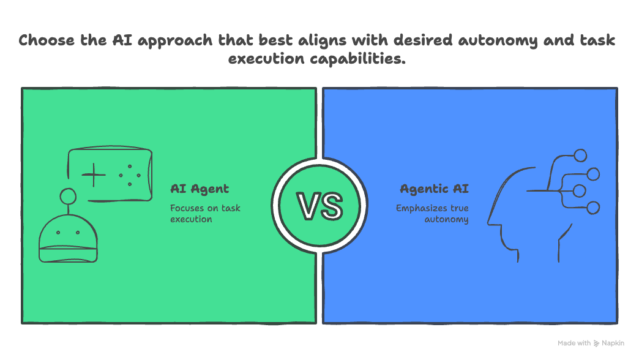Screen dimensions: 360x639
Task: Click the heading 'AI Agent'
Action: click(x=200, y=189)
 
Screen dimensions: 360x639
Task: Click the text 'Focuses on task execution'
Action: click(x=205, y=214)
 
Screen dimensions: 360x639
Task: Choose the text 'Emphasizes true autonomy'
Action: click(x=432, y=214)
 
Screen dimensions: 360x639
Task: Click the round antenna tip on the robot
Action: click(x=67, y=197)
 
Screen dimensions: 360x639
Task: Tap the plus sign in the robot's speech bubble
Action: click(x=94, y=175)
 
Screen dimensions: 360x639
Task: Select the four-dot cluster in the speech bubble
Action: click(x=129, y=175)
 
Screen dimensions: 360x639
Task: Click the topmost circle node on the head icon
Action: click(x=580, y=156)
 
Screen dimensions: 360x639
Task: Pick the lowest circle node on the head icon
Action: click(x=592, y=208)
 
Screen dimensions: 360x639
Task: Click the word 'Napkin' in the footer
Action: click(x=614, y=343)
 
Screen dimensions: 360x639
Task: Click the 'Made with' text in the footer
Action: click(x=574, y=343)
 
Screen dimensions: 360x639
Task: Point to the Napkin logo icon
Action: click(x=597, y=343)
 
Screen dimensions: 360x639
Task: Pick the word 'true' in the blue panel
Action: click(x=458, y=208)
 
